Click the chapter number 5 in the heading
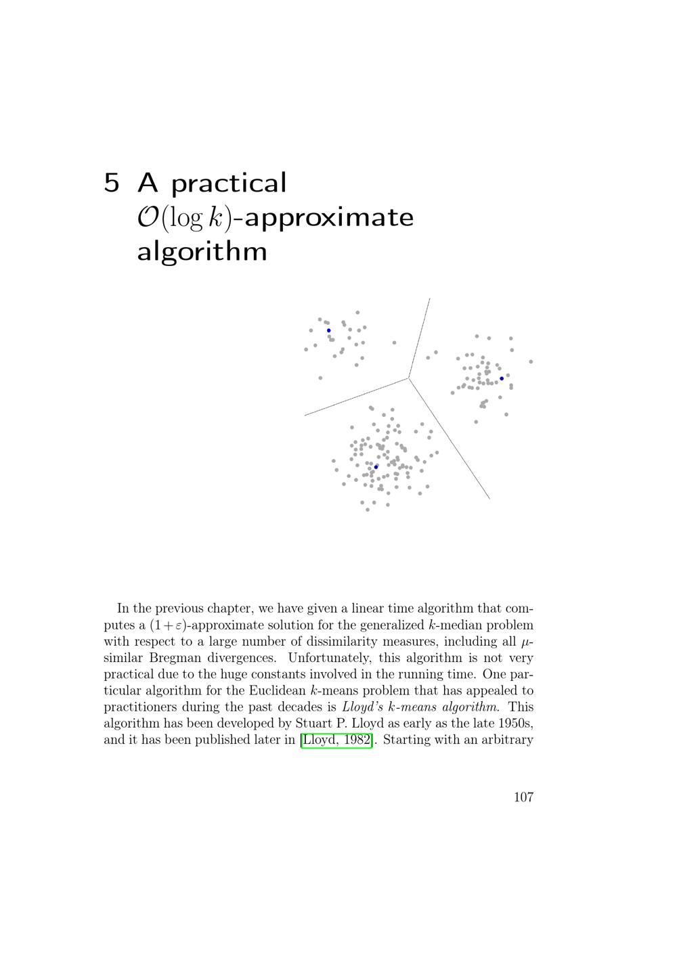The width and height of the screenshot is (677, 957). [x=112, y=183]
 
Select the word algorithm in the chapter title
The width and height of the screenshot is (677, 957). [x=202, y=252]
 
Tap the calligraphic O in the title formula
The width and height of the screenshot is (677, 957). [x=148, y=217]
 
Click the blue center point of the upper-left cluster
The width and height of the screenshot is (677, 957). [x=329, y=330]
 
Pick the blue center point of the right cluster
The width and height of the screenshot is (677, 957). [x=502, y=378]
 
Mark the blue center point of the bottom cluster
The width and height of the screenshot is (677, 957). [x=376, y=467]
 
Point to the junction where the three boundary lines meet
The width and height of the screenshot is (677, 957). [x=408, y=378]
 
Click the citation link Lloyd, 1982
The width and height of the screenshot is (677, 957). [x=336, y=740]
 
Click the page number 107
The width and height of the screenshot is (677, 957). [x=523, y=797]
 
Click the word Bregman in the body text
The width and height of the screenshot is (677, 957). [x=174, y=658]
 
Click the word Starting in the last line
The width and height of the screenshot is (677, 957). [x=406, y=740]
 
